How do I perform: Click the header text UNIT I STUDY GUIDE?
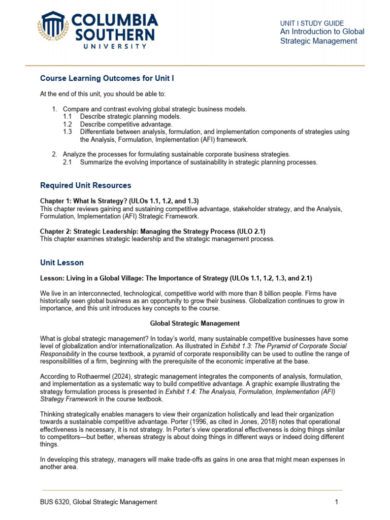tap(312, 23)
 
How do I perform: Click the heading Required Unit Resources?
tap(85, 185)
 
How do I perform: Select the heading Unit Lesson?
tap(62, 263)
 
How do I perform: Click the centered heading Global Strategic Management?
tap(194, 323)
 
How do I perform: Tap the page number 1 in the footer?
tap(336, 502)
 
